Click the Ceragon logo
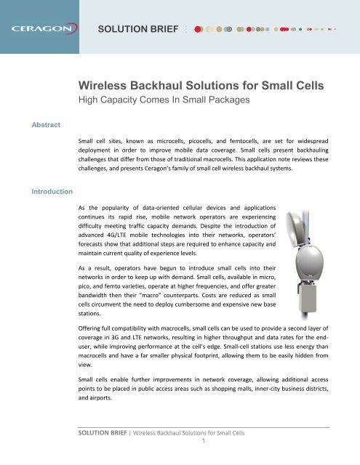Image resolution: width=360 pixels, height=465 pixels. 44,31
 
